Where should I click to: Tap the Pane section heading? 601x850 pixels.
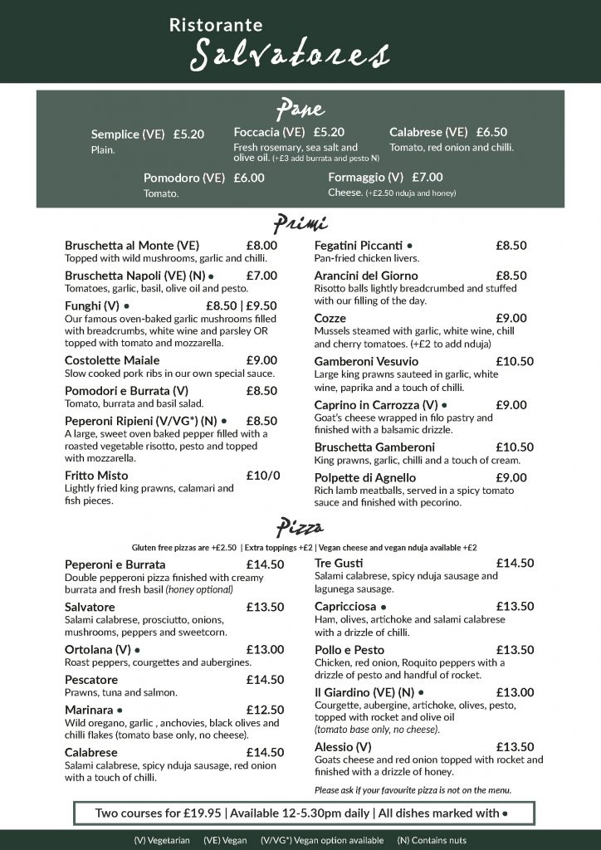tap(300, 109)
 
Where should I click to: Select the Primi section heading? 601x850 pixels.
tap(300, 223)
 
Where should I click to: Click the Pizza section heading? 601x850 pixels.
tap(300, 527)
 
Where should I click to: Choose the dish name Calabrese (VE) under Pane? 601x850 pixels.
tap(428, 132)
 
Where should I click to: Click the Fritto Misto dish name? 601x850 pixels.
tap(96, 476)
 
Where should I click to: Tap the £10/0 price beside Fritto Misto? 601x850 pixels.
tap(263, 476)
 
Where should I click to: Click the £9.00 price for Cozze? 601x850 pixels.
tap(511, 318)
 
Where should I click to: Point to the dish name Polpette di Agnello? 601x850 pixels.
tap(365, 477)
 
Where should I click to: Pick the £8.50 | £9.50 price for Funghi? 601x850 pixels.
tap(241, 305)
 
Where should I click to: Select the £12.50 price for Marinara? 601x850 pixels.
tap(265, 710)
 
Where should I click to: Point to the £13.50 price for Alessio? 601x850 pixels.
tap(515, 746)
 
